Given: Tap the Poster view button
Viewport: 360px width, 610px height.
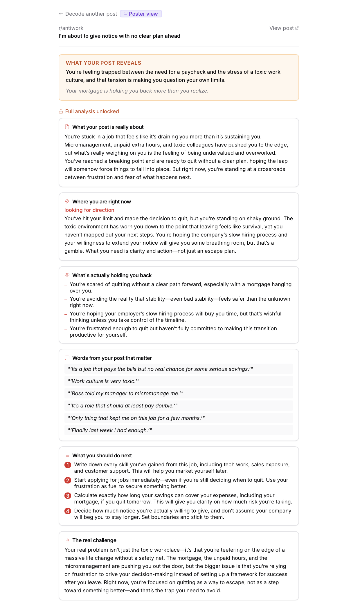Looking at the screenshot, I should click(x=141, y=14).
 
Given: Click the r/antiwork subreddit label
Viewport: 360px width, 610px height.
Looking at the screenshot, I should click(x=71, y=28).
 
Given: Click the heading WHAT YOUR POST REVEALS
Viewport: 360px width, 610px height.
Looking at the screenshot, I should click(x=103, y=63).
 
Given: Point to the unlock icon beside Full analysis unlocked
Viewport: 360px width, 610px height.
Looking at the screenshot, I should click(x=61, y=111).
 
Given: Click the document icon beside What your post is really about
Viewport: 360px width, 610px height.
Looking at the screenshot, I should click(x=67, y=127).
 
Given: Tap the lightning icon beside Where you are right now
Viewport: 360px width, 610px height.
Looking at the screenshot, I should click(x=67, y=201).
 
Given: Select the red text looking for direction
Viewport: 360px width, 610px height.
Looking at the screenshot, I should click(x=89, y=210).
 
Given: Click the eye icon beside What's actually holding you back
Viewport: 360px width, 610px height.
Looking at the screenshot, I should click(x=67, y=275).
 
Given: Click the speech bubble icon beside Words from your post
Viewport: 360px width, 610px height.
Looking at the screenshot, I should click(x=67, y=358).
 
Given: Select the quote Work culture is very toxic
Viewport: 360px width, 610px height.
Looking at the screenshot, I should click(x=104, y=381).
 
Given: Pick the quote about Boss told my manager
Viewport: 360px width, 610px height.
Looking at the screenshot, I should click(x=125, y=394).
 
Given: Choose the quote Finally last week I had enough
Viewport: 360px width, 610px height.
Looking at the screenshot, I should click(x=110, y=430).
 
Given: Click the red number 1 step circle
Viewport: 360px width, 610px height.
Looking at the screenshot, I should click(x=68, y=465).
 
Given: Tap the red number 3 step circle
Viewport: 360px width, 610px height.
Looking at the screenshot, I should click(x=68, y=496).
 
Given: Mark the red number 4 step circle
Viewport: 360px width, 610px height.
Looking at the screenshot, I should click(x=68, y=511).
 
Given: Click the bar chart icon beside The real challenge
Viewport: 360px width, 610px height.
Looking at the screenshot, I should click(x=67, y=540).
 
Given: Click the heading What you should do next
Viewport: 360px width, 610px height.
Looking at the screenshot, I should click(x=102, y=456).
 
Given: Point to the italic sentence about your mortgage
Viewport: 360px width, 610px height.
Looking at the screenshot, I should click(x=137, y=91).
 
